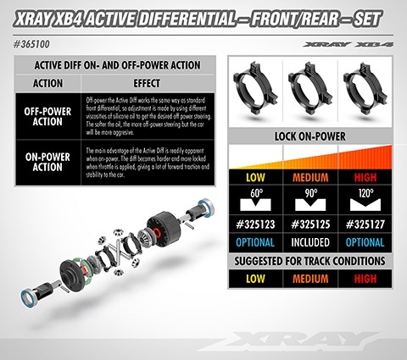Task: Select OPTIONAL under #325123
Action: (253, 242)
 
